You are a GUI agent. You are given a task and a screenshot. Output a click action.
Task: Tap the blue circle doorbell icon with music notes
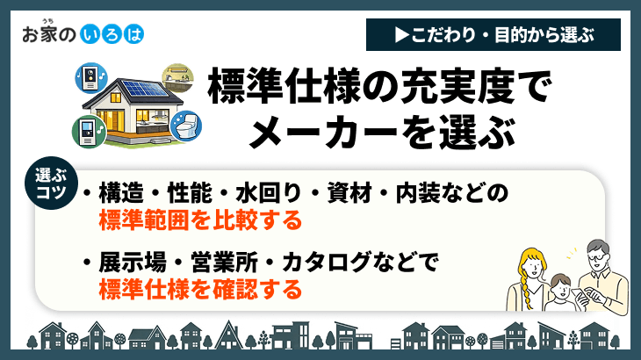click(x=90, y=75)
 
